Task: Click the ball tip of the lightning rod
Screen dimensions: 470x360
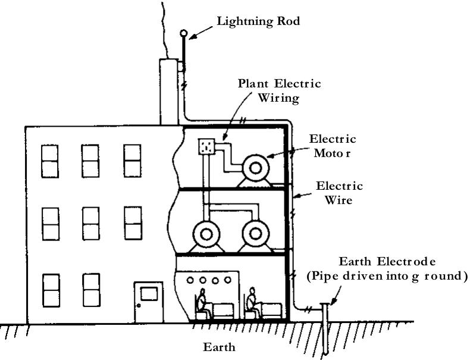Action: [x=183, y=33]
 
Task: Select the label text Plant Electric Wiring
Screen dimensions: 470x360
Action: [x=280, y=91]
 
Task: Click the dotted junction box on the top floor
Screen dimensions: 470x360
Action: [x=206, y=146]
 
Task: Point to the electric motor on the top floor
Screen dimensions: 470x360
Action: [x=255, y=171]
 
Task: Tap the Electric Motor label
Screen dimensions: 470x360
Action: [x=333, y=146]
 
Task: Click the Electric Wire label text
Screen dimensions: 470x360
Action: [x=339, y=193]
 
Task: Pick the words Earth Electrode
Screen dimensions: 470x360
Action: [x=387, y=261]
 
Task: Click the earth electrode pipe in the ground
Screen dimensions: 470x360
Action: [x=325, y=330]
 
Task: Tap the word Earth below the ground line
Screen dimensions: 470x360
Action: [x=219, y=347]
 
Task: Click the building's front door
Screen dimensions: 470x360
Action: [x=149, y=302]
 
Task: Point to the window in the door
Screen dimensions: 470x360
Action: [x=149, y=294]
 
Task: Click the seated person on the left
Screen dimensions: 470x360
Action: [x=203, y=303]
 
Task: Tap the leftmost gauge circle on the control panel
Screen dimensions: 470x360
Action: [x=190, y=280]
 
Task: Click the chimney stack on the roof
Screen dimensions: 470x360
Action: [x=169, y=92]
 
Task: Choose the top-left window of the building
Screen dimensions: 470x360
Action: [x=50, y=161]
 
